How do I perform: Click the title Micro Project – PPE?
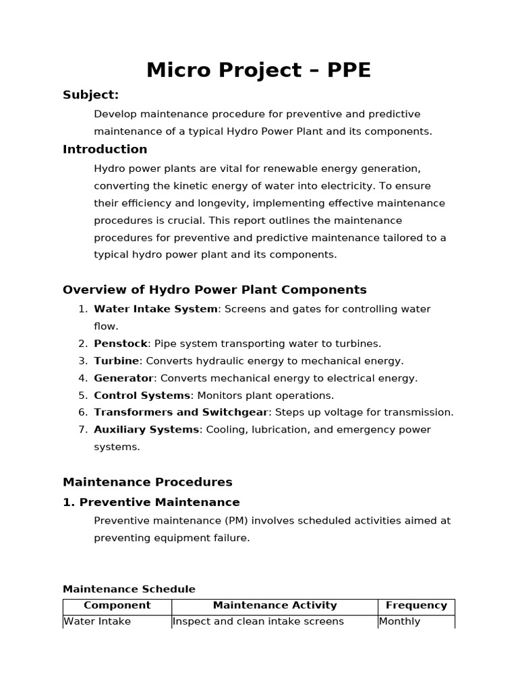[x=258, y=70]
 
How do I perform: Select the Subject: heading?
[x=90, y=95]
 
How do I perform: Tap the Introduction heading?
[x=105, y=150]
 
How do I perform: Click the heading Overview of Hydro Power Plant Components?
[x=214, y=290]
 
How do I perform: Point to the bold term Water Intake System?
[x=156, y=309]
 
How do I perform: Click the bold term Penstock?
[x=120, y=344]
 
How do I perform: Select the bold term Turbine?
[x=117, y=361]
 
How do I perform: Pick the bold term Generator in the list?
[x=124, y=379]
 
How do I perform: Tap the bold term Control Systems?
[x=142, y=396]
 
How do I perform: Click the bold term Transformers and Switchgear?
[x=181, y=412]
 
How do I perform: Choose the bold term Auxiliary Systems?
[x=146, y=430]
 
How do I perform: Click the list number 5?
[x=83, y=396]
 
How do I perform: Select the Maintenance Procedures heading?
[x=147, y=482]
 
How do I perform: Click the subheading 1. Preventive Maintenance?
[x=151, y=503]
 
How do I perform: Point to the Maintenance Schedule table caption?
[x=129, y=590]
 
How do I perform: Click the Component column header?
[x=117, y=606]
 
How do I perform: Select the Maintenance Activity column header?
[x=275, y=606]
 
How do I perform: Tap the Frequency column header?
[x=416, y=606]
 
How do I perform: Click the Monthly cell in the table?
[x=400, y=621]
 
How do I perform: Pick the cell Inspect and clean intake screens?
[x=258, y=621]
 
